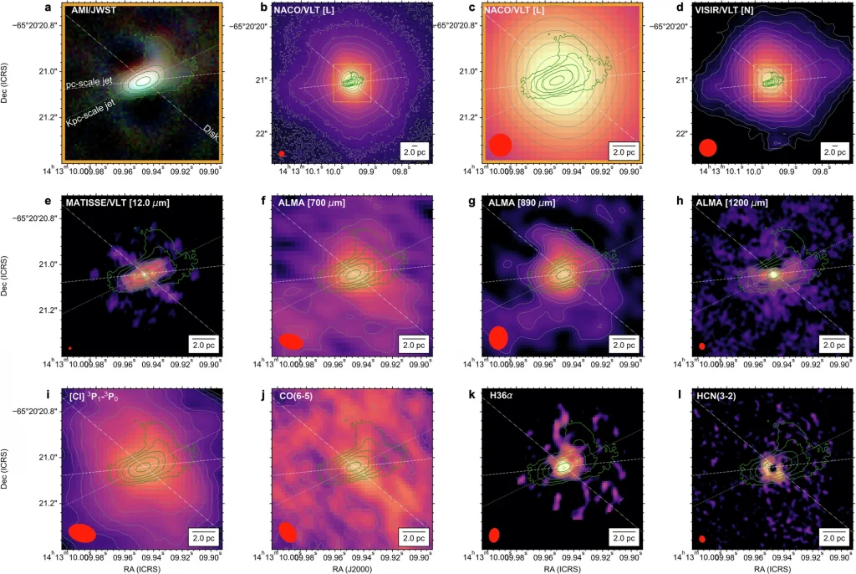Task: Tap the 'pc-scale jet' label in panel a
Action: point(90,85)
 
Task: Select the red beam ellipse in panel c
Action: point(501,145)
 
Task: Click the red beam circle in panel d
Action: point(708,147)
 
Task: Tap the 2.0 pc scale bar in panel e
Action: point(202,344)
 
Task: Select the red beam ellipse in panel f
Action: point(291,341)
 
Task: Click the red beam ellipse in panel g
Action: point(498,337)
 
